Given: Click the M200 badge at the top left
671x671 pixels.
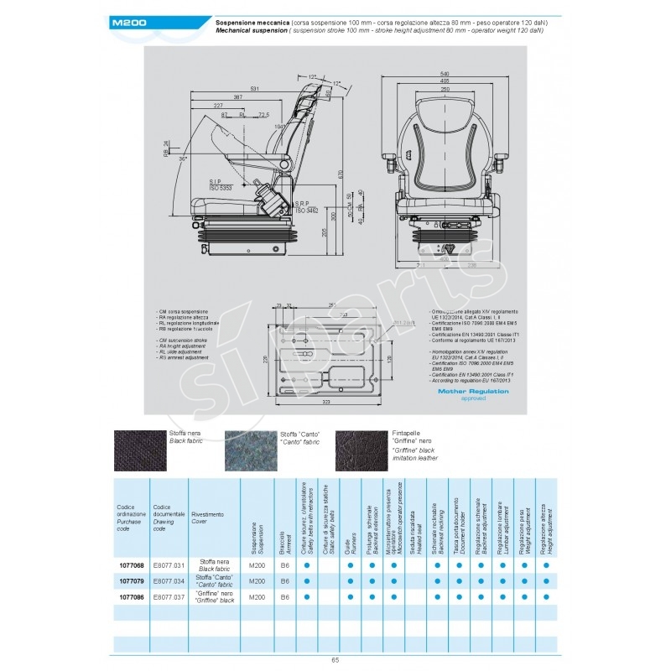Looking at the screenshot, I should [x=131, y=24].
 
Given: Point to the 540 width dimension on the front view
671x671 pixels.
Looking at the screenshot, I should [x=444, y=72].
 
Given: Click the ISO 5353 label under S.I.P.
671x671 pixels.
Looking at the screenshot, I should [x=222, y=189].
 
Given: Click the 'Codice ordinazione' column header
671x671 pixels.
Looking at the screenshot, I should [x=131, y=514].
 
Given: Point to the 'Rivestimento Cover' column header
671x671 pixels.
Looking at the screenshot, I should [x=207, y=517].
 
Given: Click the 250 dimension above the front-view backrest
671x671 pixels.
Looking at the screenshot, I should [x=444, y=89].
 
